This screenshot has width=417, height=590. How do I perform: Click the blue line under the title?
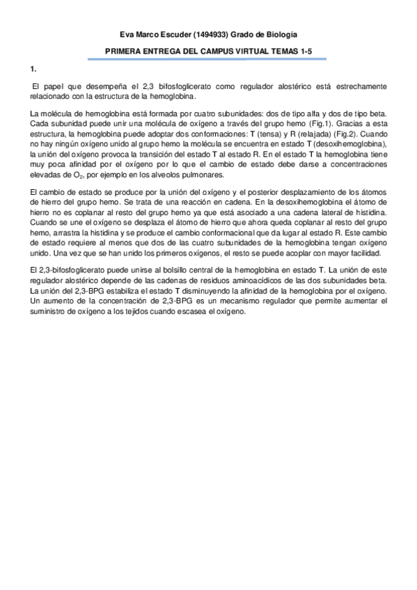point(208,59)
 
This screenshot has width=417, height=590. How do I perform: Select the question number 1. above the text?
point(33,70)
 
